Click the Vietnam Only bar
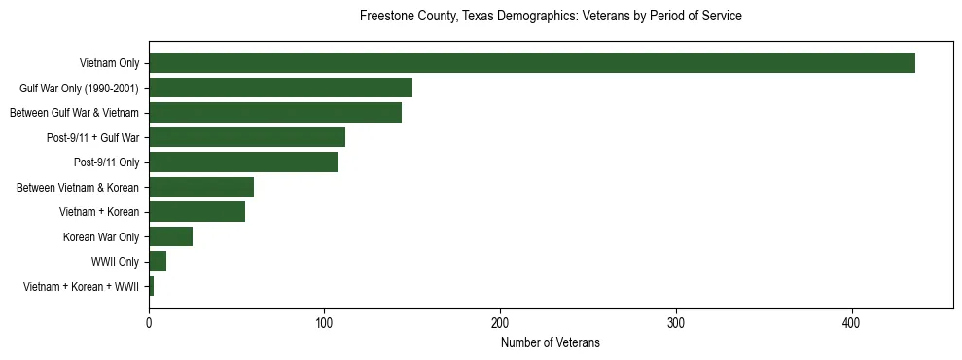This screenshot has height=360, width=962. [x=532, y=63]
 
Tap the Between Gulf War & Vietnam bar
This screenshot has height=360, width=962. [x=275, y=113]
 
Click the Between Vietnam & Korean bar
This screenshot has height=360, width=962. [x=201, y=187]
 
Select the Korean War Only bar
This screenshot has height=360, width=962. [x=170, y=236]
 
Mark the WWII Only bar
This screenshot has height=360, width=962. [x=158, y=262]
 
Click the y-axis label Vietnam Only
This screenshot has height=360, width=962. [x=109, y=64]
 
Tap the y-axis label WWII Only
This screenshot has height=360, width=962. [x=115, y=262]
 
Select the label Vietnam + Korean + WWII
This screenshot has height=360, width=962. [x=81, y=287]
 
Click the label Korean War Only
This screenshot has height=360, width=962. [x=101, y=237]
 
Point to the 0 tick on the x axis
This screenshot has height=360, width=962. [x=149, y=324]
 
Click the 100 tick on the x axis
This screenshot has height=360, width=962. [x=325, y=324]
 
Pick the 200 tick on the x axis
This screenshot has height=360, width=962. [x=500, y=324]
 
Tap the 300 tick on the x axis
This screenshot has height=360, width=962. [x=676, y=324]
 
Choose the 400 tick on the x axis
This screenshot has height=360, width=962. [x=852, y=324]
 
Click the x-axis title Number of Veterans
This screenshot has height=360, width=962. [x=551, y=342]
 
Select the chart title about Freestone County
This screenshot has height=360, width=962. [x=551, y=17]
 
